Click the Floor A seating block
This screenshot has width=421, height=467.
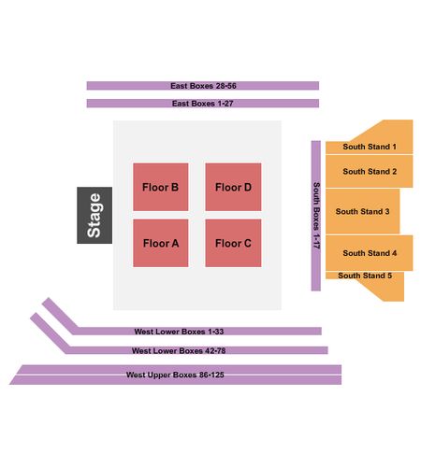161,243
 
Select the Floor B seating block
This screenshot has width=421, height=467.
161,187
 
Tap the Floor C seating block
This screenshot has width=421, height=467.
233,243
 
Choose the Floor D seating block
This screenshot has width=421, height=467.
233,187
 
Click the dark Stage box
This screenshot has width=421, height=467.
94,215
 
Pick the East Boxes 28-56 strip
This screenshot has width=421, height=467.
203,86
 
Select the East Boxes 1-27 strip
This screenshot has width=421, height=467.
203,104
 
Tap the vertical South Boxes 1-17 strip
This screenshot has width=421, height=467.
316,216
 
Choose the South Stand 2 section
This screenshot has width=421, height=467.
370,171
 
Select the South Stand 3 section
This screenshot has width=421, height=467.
363,211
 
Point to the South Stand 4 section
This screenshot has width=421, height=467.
370,253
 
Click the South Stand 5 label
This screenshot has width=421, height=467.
365,276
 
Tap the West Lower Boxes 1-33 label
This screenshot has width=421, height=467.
179,332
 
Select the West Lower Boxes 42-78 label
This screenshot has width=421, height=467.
179,351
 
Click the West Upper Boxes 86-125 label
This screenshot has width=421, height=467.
175,375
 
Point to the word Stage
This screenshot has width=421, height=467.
94,216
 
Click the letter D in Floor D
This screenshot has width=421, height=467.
247,188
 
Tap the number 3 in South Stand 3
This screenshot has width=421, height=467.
387,212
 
